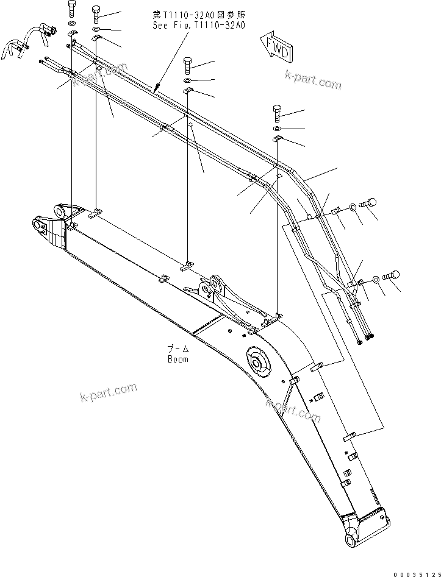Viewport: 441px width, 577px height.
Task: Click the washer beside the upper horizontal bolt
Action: click(354, 209)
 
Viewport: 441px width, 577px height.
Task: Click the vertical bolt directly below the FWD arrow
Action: click(278, 113)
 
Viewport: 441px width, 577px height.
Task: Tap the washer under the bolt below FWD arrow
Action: click(278, 129)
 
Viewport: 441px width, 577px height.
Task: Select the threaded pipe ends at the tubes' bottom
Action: click(367, 337)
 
